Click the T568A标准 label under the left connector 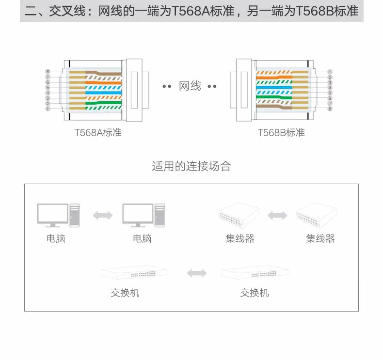click(x=98, y=132)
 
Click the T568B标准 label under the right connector click(x=281, y=132)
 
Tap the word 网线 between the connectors click(x=190, y=86)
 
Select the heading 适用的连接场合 click(x=191, y=167)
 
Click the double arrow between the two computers click(x=103, y=215)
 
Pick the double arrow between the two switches click(x=196, y=273)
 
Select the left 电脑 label click(x=56, y=238)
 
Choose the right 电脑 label click(x=142, y=238)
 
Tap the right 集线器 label click(x=320, y=238)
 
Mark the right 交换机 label click(x=255, y=293)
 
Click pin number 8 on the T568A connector click(x=48, y=72)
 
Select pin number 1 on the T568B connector click(x=330, y=72)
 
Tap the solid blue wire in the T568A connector click(x=103, y=92)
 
